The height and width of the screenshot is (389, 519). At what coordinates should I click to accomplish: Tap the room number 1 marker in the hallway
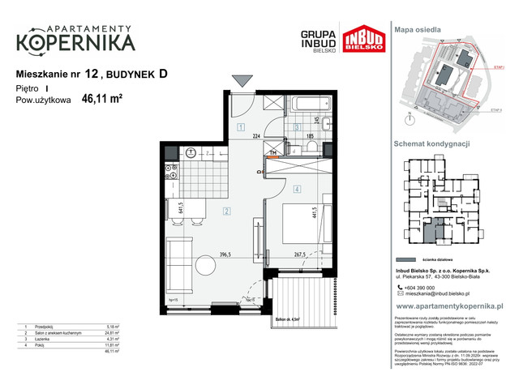pyautogui.click(x=241, y=127)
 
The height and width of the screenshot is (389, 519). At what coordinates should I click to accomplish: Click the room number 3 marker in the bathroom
pyautogui.click(x=297, y=127)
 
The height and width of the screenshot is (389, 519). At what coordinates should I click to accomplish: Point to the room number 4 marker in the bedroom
pyautogui.click(x=298, y=190)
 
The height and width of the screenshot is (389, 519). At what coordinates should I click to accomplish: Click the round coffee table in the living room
pyautogui.click(x=204, y=264)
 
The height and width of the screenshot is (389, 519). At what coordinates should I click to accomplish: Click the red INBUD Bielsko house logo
pyautogui.click(x=362, y=41)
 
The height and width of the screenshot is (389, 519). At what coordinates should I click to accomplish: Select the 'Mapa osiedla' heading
pyautogui.click(x=418, y=29)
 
